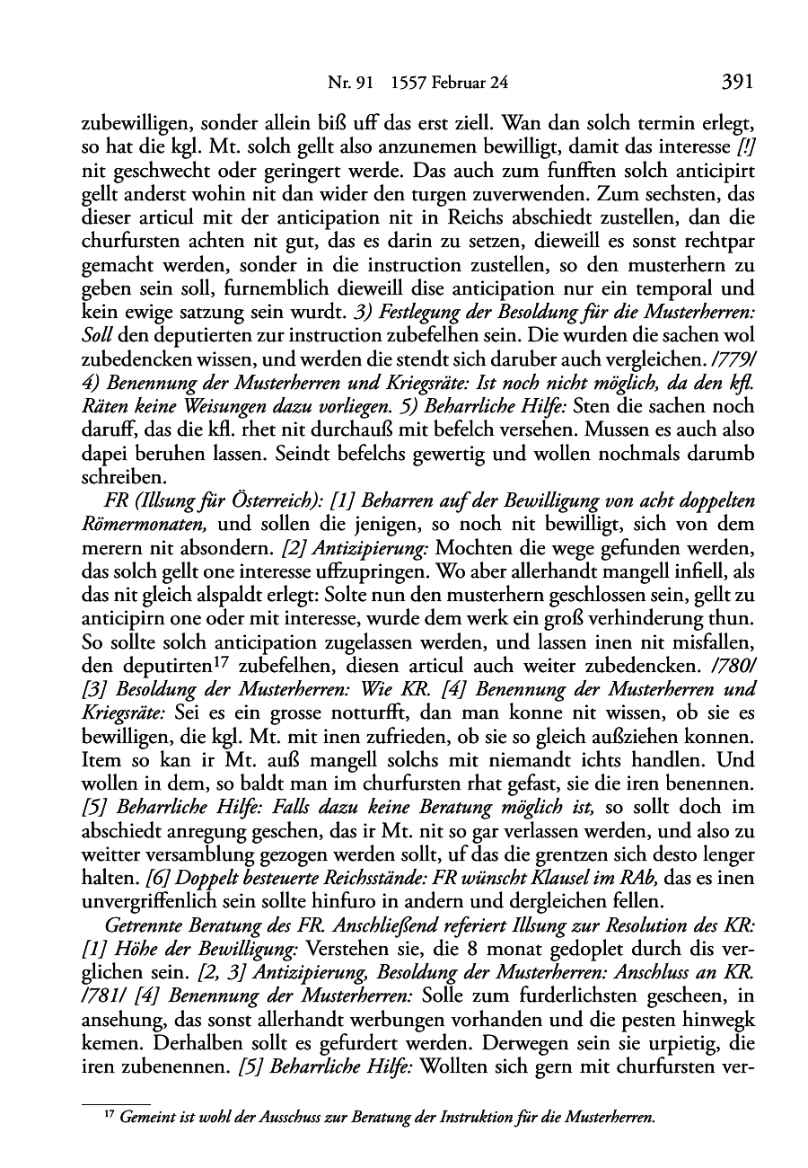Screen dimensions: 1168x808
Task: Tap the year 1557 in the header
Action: coord(409,84)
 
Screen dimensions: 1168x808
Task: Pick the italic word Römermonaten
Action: coord(147,524)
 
